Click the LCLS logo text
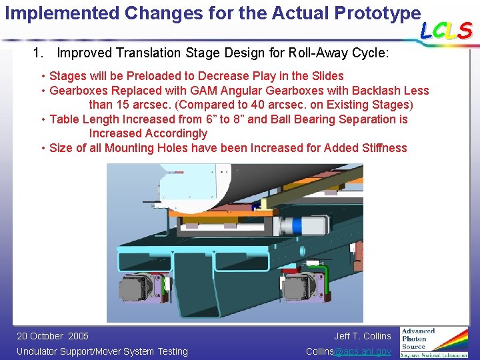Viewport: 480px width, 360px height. click(446, 30)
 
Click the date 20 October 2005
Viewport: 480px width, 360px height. click(52, 336)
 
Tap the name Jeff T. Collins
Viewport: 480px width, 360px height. click(363, 336)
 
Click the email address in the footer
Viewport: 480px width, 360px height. click(348, 351)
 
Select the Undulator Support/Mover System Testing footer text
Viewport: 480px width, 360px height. click(102, 351)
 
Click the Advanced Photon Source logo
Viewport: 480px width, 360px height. click(433, 342)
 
